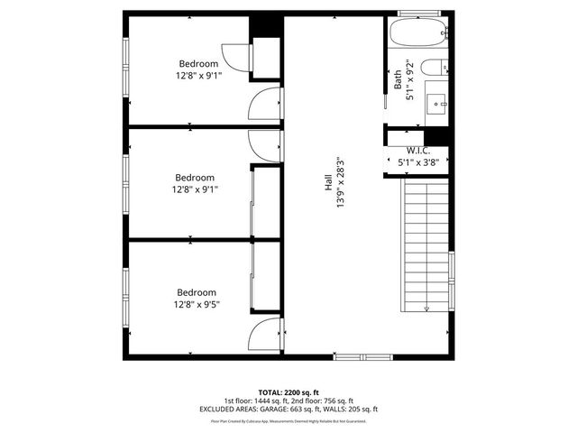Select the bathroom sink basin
(x=440, y=99)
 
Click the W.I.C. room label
(x=417, y=151)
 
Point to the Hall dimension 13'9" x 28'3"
(x=342, y=185)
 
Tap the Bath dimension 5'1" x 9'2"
(x=410, y=80)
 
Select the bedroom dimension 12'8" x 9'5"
(x=197, y=305)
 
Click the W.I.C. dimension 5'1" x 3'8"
(x=417, y=163)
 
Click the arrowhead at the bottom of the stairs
(x=426, y=310)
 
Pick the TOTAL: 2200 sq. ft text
(x=288, y=392)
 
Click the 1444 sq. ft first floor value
(x=271, y=401)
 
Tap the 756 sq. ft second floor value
(x=337, y=401)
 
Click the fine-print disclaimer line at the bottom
(x=288, y=420)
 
